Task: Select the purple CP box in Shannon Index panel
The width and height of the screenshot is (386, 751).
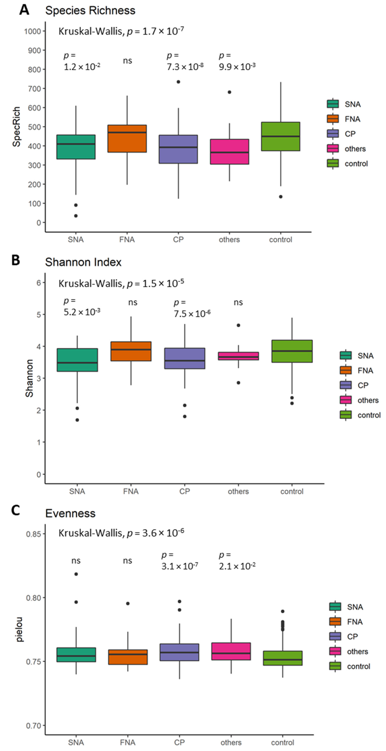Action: [185, 358]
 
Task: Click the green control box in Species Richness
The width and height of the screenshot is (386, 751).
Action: [281, 136]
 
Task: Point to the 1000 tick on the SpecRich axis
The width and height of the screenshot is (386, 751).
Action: [32, 31]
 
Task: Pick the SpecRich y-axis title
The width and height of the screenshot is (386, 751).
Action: [17, 127]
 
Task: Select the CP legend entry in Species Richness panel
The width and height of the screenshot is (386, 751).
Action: [350, 134]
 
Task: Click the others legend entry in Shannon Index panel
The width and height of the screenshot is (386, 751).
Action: [368, 400]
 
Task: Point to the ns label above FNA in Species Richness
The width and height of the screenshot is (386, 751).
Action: [127, 61]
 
